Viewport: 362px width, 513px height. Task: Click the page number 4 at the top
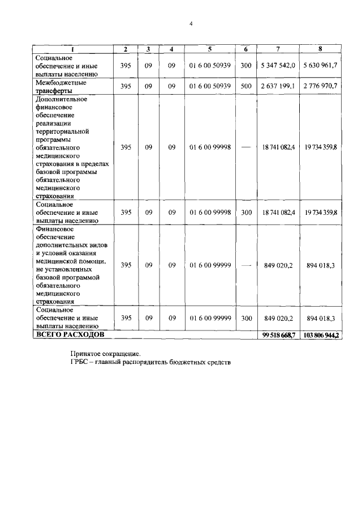coord(191,24)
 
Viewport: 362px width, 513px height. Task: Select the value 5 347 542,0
coord(278,66)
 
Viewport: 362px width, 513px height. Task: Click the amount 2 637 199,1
coord(278,86)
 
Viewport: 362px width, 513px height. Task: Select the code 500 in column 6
coord(245,86)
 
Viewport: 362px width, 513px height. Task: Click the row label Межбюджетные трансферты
coord(61,86)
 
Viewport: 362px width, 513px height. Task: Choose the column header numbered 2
coord(126,49)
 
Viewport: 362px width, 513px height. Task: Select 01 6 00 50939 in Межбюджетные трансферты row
coord(209,86)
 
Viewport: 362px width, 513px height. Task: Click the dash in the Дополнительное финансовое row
coord(245,147)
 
